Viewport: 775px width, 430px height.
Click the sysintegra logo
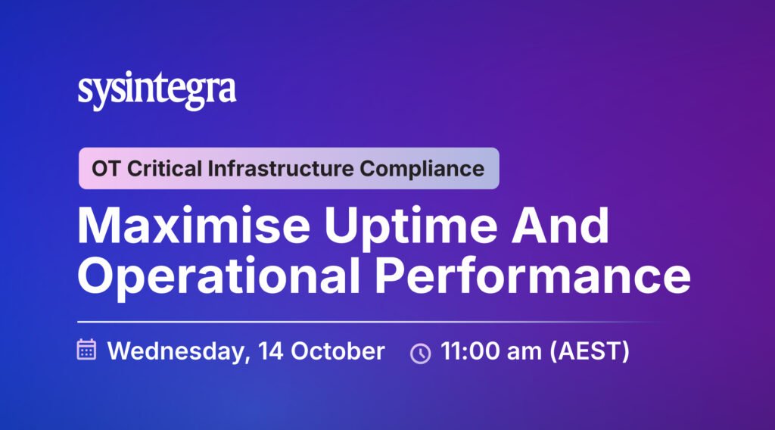157,91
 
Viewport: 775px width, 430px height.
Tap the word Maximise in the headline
193,226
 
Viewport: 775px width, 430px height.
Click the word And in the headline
560,226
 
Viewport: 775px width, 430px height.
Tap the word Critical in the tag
164,169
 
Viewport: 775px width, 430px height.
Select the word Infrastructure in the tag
280,169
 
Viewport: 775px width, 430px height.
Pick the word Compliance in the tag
422,170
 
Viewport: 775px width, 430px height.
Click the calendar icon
86,350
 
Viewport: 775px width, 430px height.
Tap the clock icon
421,354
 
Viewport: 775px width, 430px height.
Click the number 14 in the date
270,351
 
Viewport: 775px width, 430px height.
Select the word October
338,351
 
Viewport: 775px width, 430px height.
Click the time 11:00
470,351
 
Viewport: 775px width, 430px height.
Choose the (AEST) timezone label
590,351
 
